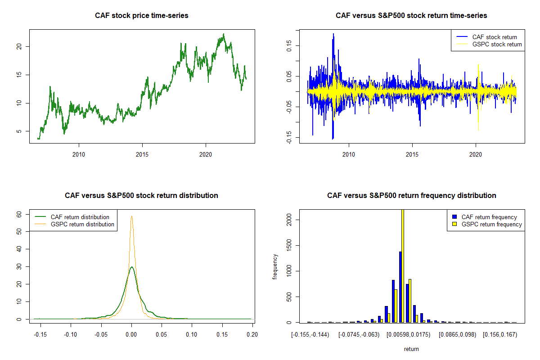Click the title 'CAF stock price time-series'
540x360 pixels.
click(x=142, y=16)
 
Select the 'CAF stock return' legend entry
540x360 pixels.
click(x=495, y=37)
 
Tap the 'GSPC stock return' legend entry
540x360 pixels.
click(x=497, y=44)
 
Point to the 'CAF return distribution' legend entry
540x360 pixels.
click(x=80, y=217)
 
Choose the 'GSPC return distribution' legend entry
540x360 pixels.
click(x=82, y=224)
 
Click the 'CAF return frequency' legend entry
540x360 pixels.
click(x=489, y=217)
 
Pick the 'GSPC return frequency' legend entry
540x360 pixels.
click(x=491, y=224)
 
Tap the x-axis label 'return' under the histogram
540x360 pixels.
click(x=411, y=349)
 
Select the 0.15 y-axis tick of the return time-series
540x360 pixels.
click(x=289, y=44)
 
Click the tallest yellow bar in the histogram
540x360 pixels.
click(x=402, y=265)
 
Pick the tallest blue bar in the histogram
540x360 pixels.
click(x=400, y=287)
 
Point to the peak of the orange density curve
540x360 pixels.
click(x=131, y=216)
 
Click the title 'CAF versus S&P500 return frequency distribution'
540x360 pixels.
click(x=411, y=196)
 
